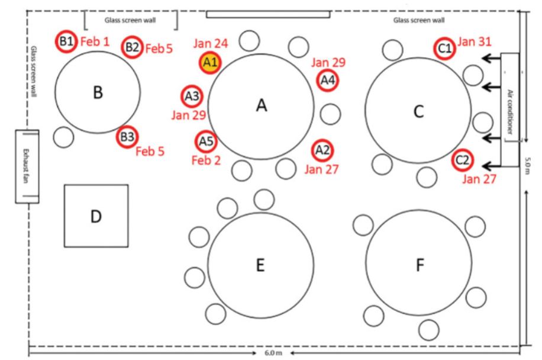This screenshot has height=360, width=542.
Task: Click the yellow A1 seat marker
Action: click(x=210, y=63)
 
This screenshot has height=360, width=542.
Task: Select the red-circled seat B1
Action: click(x=66, y=41)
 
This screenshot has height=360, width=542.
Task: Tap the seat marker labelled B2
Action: click(x=132, y=47)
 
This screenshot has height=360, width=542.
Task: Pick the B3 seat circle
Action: click(x=127, y=137)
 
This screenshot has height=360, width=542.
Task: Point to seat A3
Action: click(x=192, y=96)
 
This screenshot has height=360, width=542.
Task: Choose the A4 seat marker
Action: click(x=327, y=81)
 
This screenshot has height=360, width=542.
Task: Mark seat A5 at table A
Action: click(x=206, y=142)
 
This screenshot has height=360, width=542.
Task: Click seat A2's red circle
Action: click(x=322, y=150)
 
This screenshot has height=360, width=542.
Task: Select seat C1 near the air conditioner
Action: click(x=444, y=49)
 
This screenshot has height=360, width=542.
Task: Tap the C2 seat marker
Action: click(x=463, y=160)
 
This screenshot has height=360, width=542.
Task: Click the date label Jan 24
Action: click(x=211, y=44)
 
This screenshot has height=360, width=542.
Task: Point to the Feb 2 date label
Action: click(x=206, y=160)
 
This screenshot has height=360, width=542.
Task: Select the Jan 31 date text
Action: click(x=475, y=41)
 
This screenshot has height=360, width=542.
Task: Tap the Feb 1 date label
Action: click(x=95, y=41)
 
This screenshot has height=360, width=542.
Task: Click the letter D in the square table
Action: click(x=96, y=217)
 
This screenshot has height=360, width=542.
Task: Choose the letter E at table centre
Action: click(x=260, y=265)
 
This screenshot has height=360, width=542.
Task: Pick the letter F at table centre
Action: click(x=420, y=265)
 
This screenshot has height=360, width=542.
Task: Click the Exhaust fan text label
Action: click(x=25, y=166)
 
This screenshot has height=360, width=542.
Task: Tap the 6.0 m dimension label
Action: click(x=273, y=353)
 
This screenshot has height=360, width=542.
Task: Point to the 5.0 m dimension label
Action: click(x=527, y=166)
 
